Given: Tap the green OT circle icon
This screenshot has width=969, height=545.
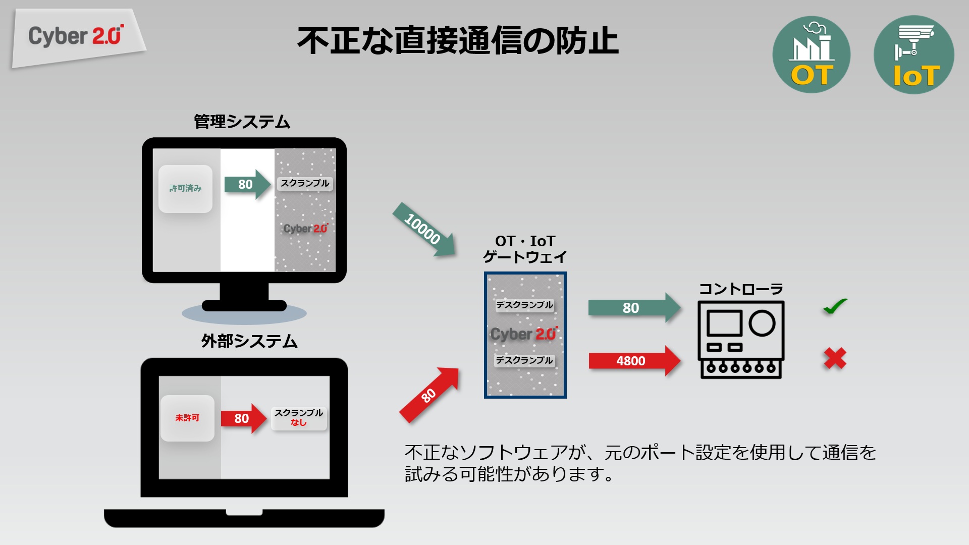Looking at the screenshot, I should click(811, 54).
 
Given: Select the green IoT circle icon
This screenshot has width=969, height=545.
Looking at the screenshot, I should click(913, 54).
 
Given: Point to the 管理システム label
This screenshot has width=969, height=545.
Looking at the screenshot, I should click(242, 122).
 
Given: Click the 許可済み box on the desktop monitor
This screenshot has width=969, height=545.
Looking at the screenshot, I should click(185, 188).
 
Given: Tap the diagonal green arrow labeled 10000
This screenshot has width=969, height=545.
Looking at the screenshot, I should click(423, 230).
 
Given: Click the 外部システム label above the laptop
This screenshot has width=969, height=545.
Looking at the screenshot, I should click(249, 341).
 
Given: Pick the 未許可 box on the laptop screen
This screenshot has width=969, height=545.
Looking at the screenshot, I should click(187, 418).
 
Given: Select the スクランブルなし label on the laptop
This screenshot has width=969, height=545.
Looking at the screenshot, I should click(299, 418).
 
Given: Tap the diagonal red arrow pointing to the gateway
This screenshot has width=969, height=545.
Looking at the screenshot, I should click(429, 395).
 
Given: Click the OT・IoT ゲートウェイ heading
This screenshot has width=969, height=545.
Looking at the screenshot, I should click(525, 249).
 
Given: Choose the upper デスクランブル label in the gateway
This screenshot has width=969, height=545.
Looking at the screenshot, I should click(524, 305).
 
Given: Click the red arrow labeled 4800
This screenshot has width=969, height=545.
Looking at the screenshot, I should click(633, 361).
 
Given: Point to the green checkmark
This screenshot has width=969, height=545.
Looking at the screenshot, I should click(835, 306).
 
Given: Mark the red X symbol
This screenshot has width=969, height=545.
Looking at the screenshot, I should click(835, 358).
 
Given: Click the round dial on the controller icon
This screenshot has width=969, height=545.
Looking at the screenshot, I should click(762, 323).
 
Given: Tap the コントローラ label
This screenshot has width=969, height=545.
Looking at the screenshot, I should click(740, 289).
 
